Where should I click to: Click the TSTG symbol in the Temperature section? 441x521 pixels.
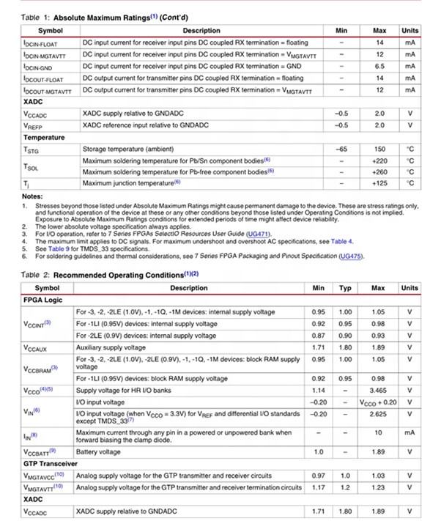click(30, 149)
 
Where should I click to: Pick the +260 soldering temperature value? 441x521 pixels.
click(379, 171)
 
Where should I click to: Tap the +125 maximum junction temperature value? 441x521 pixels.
click(379, 182)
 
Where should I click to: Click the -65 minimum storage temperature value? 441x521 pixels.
click(341, 149)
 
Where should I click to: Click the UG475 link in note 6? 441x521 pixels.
click(351, 256)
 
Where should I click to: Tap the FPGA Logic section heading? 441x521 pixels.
click(45, 300)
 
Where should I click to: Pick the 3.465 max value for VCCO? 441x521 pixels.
click(378, 391)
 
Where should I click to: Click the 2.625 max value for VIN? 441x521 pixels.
click(378, 413)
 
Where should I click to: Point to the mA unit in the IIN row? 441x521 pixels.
click(409, 433)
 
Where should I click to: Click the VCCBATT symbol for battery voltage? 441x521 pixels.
click(40, 452)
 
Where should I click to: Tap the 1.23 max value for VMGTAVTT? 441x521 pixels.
click(378, 487)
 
